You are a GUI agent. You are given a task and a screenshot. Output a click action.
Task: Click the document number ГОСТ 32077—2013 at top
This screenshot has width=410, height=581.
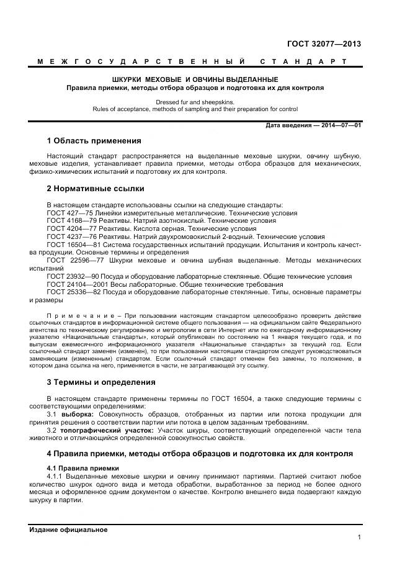click(x=324, y=44)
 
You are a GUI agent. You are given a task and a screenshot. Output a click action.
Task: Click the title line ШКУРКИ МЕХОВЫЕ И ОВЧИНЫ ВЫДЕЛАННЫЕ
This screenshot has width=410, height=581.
click(x=195, y=79)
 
